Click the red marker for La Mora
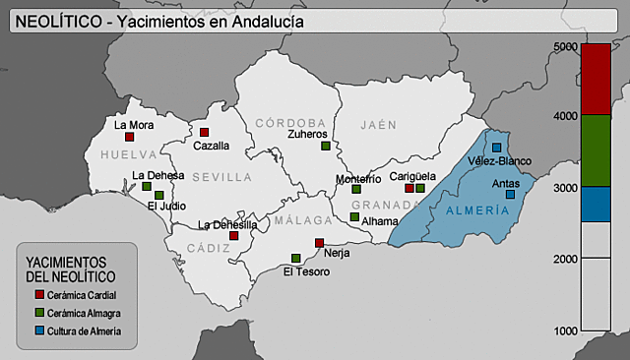click(x=129, y=137)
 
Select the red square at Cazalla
click(x=205, y=132)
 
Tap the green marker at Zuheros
click(x=325, y=146)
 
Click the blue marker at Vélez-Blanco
click(x=497, y=148)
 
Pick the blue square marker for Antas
click(x=510, y=195)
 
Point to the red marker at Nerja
click(x=319, y=242)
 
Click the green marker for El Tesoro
click(x=295, y=259)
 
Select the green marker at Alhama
click(x=354, y=217)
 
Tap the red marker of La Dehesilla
click(x=233, y=236)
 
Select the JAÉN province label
click(x=378, y=125)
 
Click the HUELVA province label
click(x=128, y=155)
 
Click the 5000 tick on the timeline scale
click(x=565, y=46)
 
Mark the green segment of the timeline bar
click(x=596, y=150)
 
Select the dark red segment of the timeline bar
click(x=596, y=80)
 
